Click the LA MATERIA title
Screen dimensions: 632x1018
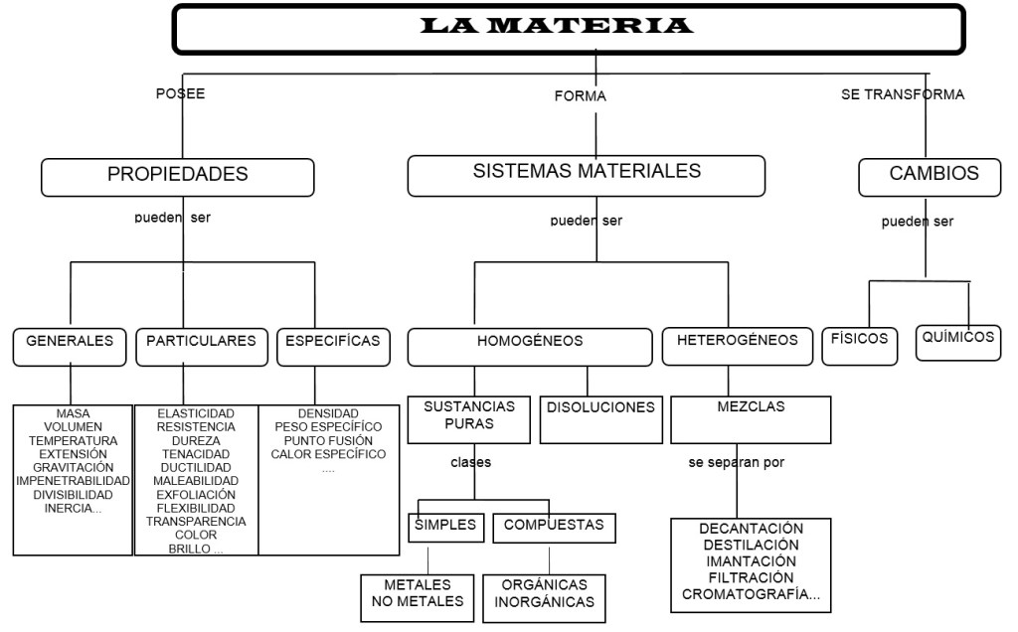[557, 26]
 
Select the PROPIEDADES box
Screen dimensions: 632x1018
[178, 176]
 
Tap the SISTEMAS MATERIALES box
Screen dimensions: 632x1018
[586, 173]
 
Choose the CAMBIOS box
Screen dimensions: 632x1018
[933, 174]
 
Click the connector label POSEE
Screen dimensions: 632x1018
[180, 94]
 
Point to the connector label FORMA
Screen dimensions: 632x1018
[580, 96]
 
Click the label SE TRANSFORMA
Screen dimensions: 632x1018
[903, 95]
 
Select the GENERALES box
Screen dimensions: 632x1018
[70, 342]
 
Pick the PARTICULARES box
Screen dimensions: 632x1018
[201, 342]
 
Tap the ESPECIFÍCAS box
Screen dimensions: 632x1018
[332, 342]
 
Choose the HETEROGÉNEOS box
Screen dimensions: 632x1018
[737, 341]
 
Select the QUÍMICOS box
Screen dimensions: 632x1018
[957, 338]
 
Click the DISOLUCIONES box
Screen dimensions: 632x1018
[600, 408]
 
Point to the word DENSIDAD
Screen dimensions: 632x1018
[328, 412]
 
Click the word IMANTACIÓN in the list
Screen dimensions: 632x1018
[751, 561]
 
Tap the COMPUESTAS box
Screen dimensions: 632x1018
[554, 525]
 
